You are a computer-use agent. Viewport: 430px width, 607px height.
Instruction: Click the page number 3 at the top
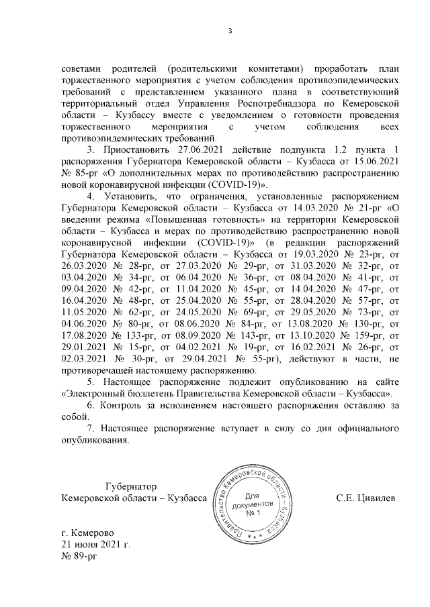pyautogui.click(x=230, y=30)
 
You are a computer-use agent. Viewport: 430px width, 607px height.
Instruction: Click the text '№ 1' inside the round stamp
pyautogui.click(x=253, y=513)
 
